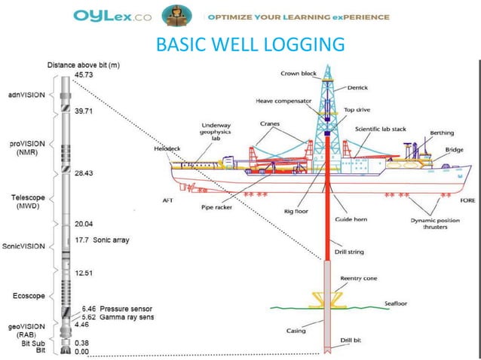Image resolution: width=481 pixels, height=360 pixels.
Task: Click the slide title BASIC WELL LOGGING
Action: point(250,44)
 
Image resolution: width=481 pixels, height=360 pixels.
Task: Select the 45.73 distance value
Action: point(84,76)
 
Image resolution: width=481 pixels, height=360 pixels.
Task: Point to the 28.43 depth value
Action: point(84,173)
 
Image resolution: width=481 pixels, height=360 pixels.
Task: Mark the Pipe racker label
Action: point(219,204)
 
